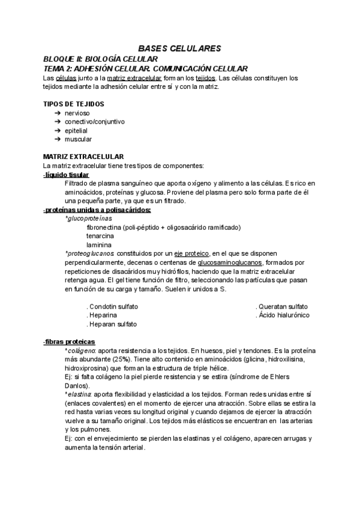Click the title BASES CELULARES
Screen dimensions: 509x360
179,47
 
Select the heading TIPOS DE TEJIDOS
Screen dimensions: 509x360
73,104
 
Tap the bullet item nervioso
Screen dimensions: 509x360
77,113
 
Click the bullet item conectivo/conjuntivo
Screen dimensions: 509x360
94,121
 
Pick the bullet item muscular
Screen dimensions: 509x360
78,139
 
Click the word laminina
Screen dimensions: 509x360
98,245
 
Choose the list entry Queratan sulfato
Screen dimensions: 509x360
281,306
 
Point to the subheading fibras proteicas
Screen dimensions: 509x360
65,342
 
